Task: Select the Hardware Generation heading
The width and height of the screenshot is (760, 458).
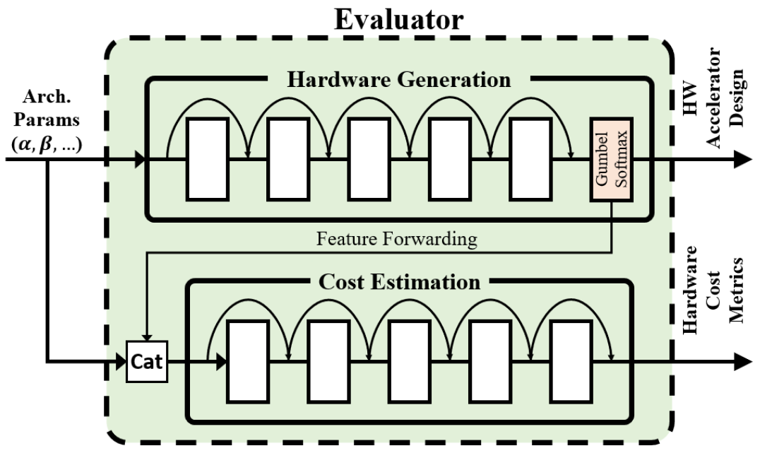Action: pos(398,79)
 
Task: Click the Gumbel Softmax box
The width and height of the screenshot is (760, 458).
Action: pos(612,160)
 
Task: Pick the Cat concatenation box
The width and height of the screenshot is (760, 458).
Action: pos(147,363)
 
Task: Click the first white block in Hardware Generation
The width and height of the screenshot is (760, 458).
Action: pos(207,159)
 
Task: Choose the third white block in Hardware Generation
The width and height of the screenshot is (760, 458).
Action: pos(369,159)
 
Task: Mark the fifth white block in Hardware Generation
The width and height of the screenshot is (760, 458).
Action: pos(530,159)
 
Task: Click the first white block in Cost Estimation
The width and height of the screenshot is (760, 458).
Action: pos(247,361)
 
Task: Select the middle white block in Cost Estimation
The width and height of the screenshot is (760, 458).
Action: pos(409,361)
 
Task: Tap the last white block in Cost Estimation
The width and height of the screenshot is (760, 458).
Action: pos(571,361)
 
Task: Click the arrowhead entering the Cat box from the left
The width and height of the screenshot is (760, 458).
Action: pos(120,363)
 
